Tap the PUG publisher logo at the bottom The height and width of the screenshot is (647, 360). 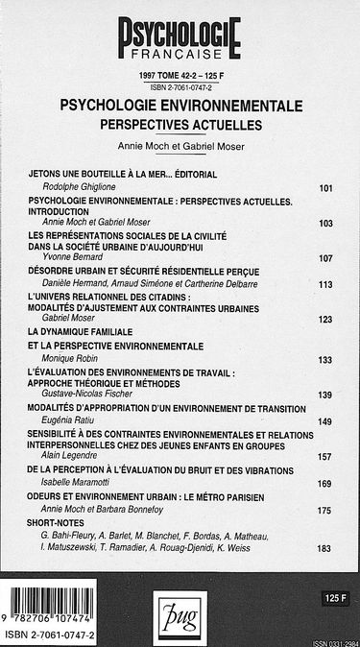[180, 610]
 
